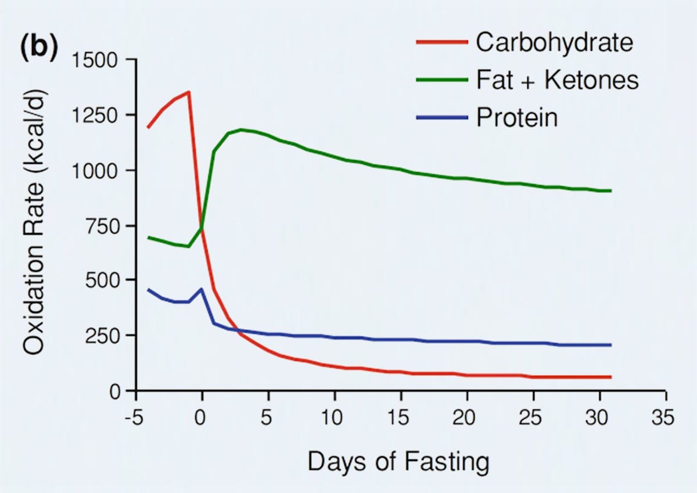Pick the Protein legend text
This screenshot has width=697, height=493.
[x=517, y=118]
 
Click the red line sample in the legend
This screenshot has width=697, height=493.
[x=441, y=42]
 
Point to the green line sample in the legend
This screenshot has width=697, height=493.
[x=441, y=80]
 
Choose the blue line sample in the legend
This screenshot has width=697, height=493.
[x=441, y=118]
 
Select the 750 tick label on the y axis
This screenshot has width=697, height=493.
[x=102, y=226]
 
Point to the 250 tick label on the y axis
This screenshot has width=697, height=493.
[x=102, y=336]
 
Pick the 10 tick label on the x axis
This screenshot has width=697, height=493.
[x=335, y=419]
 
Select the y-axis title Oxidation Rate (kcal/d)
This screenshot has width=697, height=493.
[x=36, y=225]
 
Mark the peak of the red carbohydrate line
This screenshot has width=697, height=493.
[x=189, y=92]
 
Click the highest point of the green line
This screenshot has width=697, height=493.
[x=241, y=129]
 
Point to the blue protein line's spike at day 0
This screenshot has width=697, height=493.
[x=202, y=289]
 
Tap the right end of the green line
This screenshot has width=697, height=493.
[x=610, y=190]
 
